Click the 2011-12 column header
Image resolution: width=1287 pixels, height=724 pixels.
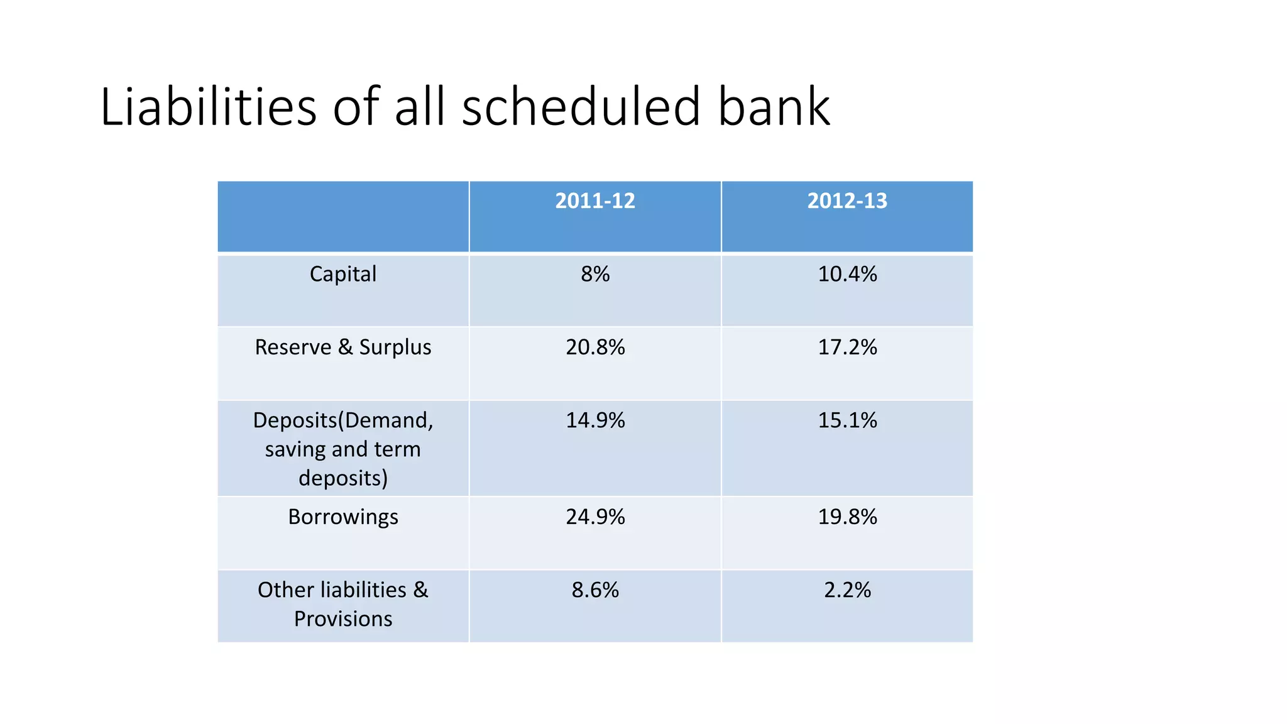coord(595,201)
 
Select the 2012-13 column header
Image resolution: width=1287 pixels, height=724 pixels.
coord(847,201)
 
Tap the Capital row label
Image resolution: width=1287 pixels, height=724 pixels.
coord(343,274)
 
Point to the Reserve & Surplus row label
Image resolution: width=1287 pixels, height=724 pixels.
coord(343,347)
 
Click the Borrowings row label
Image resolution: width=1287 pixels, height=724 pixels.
coord(343,517)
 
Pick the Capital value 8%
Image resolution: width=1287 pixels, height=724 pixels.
coord(595,274)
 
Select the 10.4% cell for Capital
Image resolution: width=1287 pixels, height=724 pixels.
coord(847,274)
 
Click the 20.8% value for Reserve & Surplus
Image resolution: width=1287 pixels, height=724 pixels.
coord(595,347)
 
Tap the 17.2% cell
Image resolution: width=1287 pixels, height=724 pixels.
coord(847,347)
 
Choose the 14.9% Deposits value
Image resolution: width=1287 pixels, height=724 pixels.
coord(595,420)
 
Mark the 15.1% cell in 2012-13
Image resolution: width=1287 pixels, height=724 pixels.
coord(847,420)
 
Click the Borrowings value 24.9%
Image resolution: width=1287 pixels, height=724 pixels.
coord(595,517)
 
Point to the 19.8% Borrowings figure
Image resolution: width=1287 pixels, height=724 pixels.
coord(847,517)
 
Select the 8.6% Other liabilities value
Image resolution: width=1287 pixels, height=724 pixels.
coord(595,590)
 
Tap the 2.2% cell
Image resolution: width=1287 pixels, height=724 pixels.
coord(847,590)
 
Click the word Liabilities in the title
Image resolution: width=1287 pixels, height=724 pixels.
coord(208,107)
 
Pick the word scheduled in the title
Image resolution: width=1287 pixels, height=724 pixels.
coord(581,107)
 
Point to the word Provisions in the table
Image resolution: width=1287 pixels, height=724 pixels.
coord(343,619)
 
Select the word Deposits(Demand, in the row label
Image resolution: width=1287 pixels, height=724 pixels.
coord(343,420)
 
